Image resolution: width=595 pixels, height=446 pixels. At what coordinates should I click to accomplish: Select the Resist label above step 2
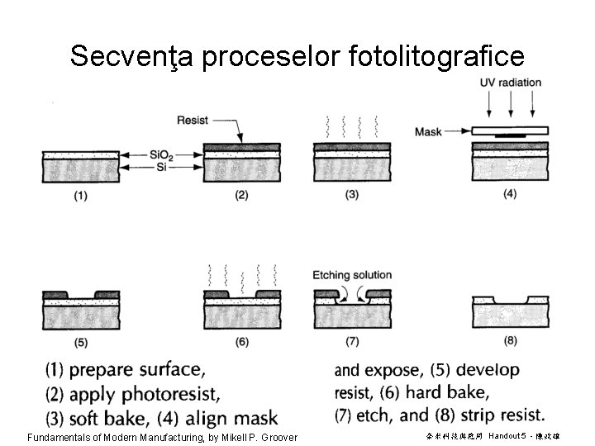coord(193,121)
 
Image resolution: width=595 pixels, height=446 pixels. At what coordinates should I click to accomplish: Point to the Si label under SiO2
coord(163,167)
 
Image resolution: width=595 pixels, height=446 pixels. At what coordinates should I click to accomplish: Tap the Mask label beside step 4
coord(429,131)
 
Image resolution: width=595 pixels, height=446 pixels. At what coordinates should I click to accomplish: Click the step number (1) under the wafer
coord(81,196)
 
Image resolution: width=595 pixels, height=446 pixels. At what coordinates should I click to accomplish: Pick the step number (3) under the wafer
coord(352,196)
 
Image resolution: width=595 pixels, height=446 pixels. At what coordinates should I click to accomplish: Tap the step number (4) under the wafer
coord(511,195)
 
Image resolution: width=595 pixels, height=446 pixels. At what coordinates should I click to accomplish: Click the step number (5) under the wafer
coord(81,342)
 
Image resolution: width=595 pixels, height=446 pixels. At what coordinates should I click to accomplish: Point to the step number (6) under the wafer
coord(243,342)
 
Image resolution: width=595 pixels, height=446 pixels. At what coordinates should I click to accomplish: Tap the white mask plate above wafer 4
coord(510,130)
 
